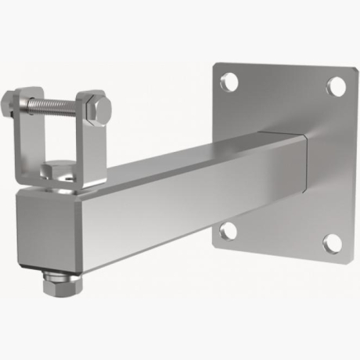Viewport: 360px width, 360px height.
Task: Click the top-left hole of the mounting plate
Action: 229,80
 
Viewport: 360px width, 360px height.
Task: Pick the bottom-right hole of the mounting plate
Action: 333,243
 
